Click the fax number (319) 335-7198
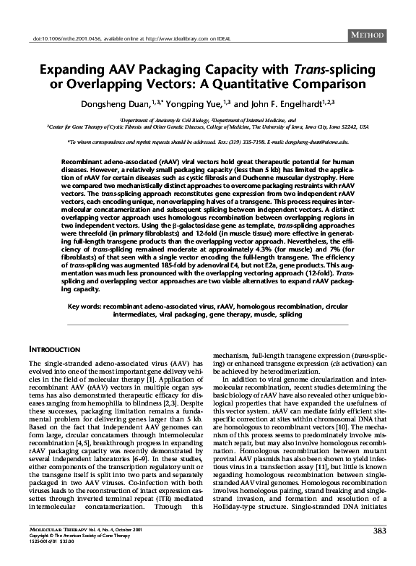(x=246, y=143)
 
